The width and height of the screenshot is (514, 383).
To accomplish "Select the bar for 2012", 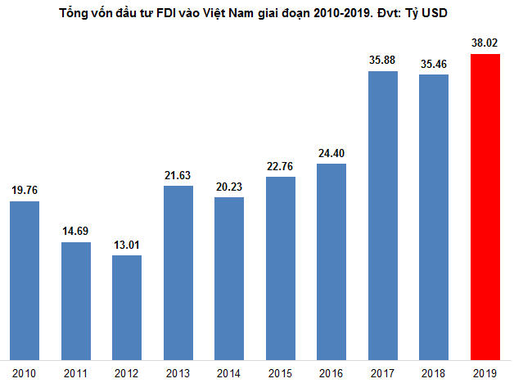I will (127, 306).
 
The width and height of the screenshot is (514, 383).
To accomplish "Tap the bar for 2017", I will (382, 214).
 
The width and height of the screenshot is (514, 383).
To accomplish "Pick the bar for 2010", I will (25, 278).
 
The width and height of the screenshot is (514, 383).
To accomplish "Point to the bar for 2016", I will (331, 260).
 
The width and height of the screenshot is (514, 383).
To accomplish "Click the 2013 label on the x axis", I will (178, 372).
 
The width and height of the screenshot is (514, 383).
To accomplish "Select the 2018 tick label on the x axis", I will (434, 372).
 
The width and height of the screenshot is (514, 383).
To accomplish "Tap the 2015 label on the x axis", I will (281, 372).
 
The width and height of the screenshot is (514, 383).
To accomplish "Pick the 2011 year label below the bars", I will (76, 372).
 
